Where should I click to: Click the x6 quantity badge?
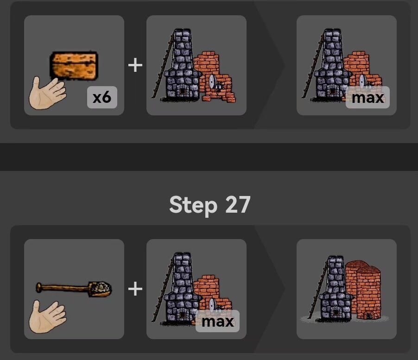[102, 97]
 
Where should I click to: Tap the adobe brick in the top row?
[74, 65]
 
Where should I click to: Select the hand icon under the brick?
[47, 93]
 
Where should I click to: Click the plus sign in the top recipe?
[135, 65]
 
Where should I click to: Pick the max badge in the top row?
[367, 97]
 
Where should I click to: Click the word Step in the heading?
[193, 205]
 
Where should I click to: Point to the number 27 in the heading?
[238, 204]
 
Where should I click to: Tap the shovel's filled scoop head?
[100, 289]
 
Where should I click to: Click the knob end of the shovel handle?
[38, 288]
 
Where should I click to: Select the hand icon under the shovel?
[47, 316]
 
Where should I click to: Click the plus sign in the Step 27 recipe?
[135, 289]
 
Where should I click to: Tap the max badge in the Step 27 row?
[217, 321]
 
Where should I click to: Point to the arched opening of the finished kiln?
[369, 316]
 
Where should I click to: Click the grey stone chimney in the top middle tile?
[182, 64]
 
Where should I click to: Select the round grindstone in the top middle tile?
[212, 81]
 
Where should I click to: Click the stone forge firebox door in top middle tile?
[183, 91]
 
